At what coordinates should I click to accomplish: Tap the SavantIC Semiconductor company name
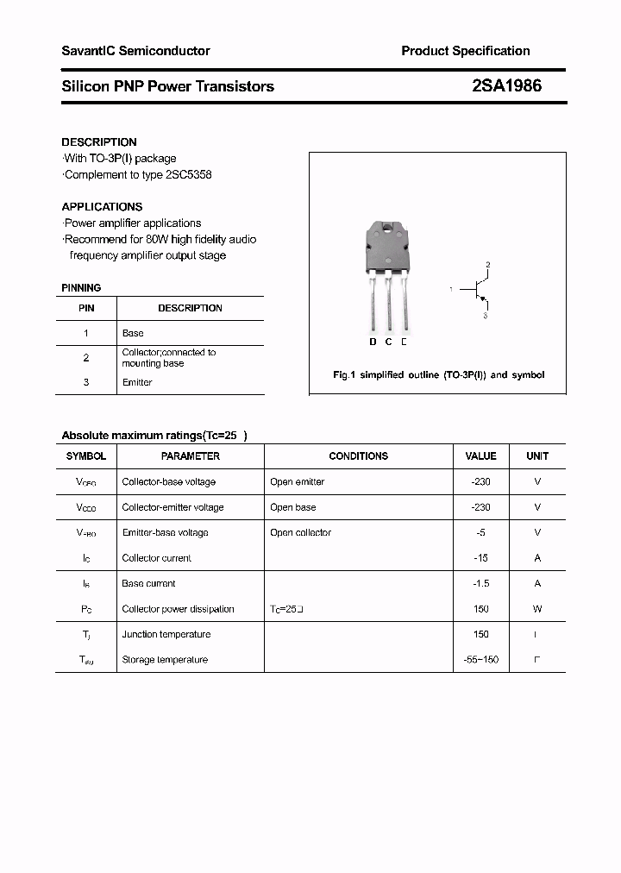click(x=135, y=51)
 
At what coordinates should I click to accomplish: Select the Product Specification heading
click(x=465, y=51)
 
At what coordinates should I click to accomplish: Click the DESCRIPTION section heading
click(x=99, y=141)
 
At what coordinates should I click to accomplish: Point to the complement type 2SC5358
click(x=185, y=175)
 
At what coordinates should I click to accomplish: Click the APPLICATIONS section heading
click(x=102, y=207)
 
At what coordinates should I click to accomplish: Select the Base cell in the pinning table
click(x=133, y=333)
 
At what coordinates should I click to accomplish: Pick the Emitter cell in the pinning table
click(x=137, y=382)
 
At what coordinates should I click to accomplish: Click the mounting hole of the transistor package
click(x=388, y=230)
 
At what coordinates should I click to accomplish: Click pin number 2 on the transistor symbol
click(x=487, y=264)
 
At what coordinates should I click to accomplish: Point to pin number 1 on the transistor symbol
click(x=450, y=290)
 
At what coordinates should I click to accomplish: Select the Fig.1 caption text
click(x=438, y=375)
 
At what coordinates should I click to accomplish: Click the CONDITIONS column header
click(x=359, y=456)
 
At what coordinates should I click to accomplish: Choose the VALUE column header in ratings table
click(x=480, y=456)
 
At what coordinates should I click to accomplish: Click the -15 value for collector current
click(x=480, y=558)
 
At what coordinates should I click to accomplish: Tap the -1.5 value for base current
click(x=480, y=583)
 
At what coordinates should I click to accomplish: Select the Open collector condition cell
click(x=300, y=533)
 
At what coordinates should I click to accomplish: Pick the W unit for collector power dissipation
click(x=537, y=609)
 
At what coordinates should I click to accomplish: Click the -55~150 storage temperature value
click(x=480, y=660)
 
